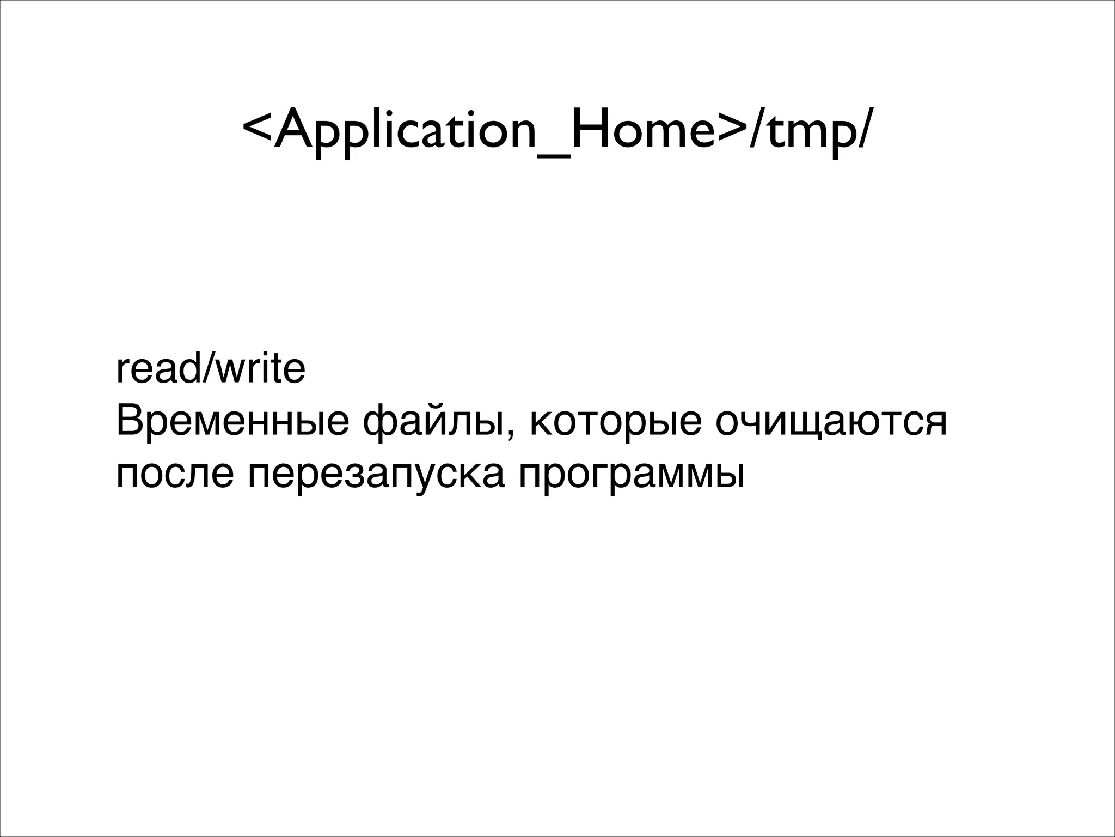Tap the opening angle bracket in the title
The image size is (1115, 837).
pos(256,131)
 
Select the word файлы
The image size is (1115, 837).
pos(433,422)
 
